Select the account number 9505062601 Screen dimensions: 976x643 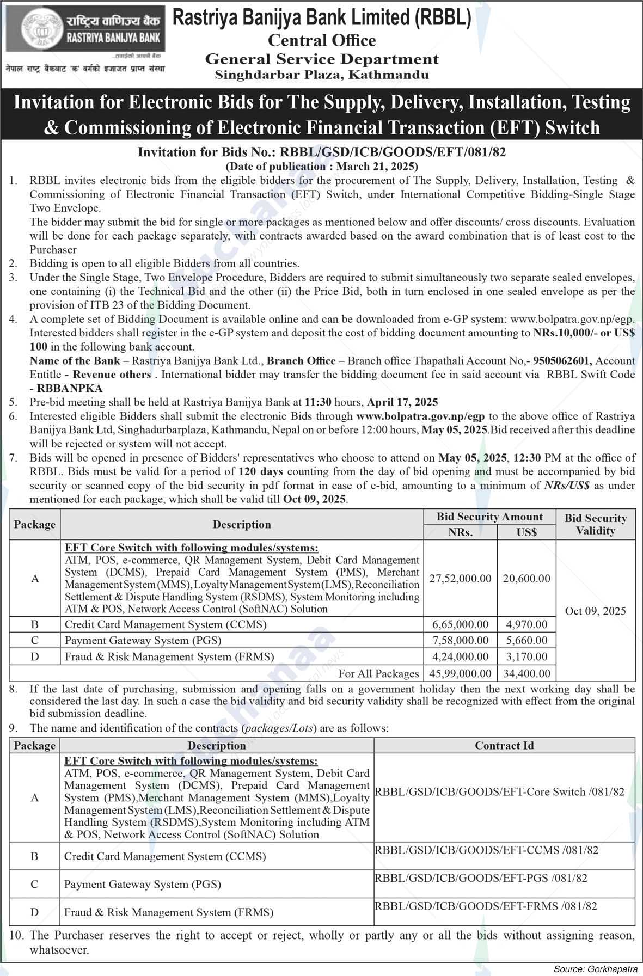(x=563, y=360)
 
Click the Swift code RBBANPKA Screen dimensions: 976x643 (x=69, y=388)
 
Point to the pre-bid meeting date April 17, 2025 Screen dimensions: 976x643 (x=402, y=402)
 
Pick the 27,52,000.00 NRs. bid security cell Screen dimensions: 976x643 (x=460, y=578)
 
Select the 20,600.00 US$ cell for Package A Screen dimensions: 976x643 (x=526, y=578)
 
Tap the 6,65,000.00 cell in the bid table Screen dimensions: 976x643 (x=460, y=624)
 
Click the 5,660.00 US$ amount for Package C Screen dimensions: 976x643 (x=526, y=640)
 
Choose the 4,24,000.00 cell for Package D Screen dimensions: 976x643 (x=460, y=656)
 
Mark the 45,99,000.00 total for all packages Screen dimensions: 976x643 (x=460, y=673)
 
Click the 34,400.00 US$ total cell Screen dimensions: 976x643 (x=526, y=673)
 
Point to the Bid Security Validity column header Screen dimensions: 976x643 (x=595, y=524)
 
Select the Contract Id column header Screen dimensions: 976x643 (x=504, y=745)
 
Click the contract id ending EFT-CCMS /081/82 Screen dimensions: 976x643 (x=486, y=850)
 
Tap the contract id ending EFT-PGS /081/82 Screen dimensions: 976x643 (x=481, y=877)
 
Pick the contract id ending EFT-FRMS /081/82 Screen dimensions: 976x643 (x=486, y=906)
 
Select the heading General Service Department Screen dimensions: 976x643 (x=322, y=59)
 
